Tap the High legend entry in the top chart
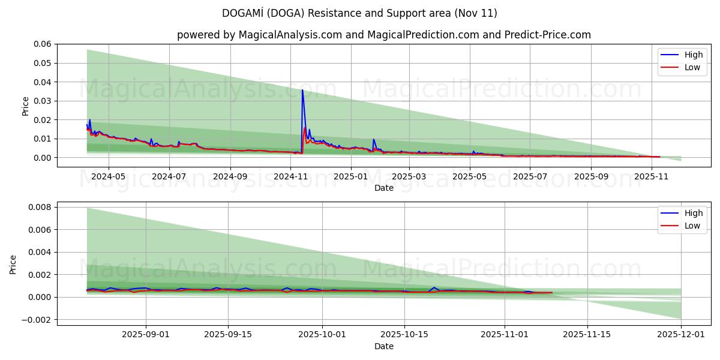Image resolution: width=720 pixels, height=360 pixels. (682, 55)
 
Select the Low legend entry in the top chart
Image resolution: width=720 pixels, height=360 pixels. (682, 67)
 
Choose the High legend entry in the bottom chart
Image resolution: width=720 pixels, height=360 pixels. (682, 213)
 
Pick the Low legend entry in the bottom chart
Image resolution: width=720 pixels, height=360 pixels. (682, 226)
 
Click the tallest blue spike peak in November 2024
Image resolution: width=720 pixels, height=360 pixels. (302, 90)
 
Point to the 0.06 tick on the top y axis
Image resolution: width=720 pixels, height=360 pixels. (43, 44)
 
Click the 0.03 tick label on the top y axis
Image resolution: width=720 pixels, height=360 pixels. (43, 101)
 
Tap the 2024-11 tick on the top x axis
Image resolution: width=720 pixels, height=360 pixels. (290, 177)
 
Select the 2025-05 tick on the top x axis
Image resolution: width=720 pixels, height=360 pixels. (470, 177)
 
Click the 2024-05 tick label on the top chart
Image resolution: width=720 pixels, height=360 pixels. (109, 177)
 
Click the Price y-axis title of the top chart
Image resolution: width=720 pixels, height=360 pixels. (25, 106)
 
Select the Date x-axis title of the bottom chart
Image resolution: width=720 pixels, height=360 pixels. (384, 346)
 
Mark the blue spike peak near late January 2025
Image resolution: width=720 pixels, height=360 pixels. (374, 139)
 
